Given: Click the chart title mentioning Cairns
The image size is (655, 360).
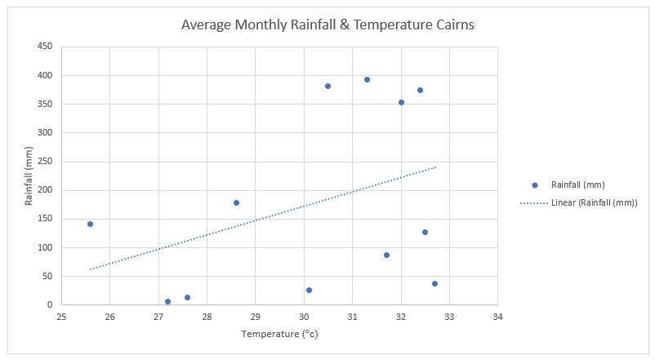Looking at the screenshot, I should click(327, 25).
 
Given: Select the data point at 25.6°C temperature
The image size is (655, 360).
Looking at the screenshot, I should click(90, 224).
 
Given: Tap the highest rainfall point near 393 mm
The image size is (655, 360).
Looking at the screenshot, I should click(367, 79).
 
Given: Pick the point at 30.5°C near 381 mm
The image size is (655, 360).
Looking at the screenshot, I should click(327, 86).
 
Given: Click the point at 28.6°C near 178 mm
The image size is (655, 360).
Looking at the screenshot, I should click(236, 202).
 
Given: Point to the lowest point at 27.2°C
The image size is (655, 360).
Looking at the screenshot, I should click(167, 301).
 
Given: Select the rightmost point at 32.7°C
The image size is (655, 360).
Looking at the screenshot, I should click(434, 283).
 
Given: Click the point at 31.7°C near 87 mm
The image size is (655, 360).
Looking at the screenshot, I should click(386, 255).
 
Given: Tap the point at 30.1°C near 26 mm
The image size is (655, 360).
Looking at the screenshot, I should click(309, 290).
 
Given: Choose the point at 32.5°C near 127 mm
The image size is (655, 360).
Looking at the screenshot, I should click(425, 232).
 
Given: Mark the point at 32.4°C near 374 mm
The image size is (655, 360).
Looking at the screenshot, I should click(420, 90).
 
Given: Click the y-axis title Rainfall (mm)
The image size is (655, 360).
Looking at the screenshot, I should click(29, 176).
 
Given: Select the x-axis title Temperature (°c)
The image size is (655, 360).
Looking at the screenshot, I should click(278, 335).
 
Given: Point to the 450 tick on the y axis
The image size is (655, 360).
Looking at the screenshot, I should click(45, 47).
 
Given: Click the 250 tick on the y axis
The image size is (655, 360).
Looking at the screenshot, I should click(45, 162).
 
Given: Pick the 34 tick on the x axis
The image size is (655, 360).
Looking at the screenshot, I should click(497, 317).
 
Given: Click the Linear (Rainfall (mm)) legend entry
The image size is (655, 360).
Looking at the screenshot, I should click(594, 202).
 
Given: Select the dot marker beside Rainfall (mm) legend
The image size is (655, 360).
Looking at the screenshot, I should click(535, 184).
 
